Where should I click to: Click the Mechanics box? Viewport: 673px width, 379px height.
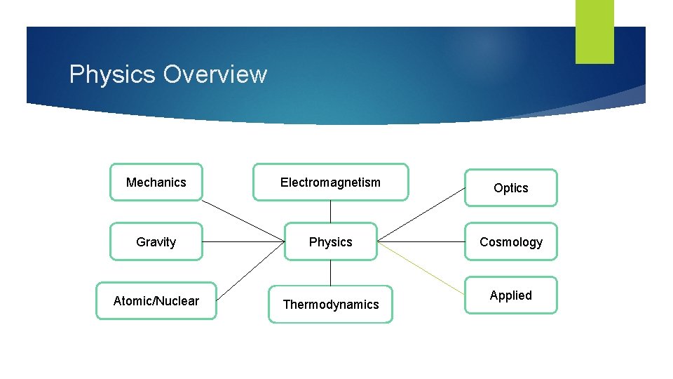(x=156, y=182)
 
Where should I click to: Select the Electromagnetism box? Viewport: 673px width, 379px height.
(x=330, y=182)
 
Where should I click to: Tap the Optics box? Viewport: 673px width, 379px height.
(x=510, y=188)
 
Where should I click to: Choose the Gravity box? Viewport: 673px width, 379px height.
(x=156, y=241)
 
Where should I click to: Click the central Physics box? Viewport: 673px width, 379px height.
(x=330, y=241)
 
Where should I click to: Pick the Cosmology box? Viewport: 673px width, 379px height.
(x=510, y=241)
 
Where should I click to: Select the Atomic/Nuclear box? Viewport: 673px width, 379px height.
(x=156, y=301)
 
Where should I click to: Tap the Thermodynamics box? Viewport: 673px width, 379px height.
(x=330, y=304)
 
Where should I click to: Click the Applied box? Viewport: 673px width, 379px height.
(x=510, y=295)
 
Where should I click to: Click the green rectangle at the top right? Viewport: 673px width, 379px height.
(x=594, y=31)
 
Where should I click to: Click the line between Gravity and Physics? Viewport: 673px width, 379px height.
(x=243, y=241)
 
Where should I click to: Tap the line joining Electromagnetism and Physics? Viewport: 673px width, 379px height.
(x=330, y=212)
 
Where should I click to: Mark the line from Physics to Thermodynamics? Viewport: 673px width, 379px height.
(x=330, y=272)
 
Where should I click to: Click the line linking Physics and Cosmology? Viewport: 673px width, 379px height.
(x=421, y=241)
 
